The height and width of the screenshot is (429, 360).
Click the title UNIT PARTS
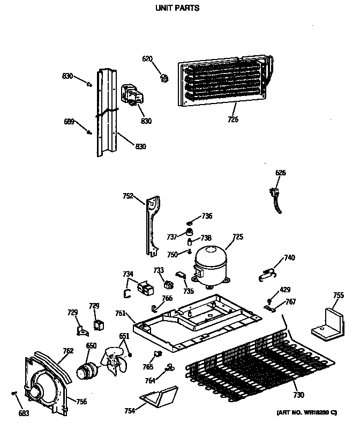click(177, 8)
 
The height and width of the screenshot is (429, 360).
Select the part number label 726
click(232, 119)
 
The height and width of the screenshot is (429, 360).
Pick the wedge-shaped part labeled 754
click(158, 397)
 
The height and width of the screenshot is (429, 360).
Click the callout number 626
click(280, 173)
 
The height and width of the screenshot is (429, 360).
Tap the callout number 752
click(127, 196)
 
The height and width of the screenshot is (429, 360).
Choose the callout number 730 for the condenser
click(298, 395)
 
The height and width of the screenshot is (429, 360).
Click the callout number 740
click(289, 258)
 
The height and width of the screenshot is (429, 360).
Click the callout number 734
click(127, 274)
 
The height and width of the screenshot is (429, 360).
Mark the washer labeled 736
click(191, 222)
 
